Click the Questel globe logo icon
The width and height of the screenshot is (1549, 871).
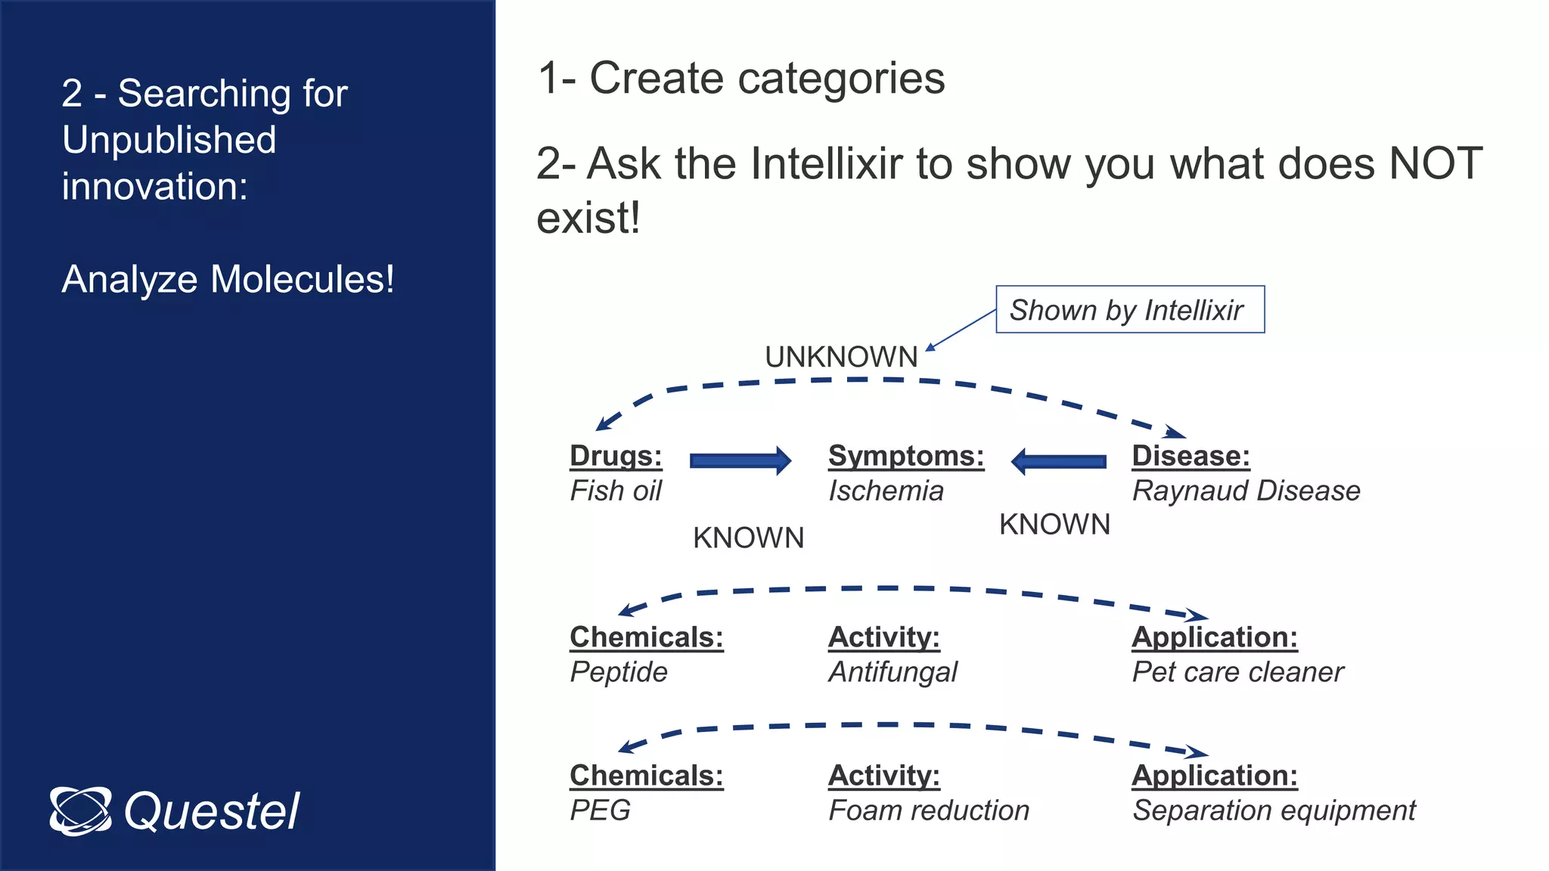[80, 811]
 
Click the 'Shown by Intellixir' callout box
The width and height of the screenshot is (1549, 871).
[1129, 309]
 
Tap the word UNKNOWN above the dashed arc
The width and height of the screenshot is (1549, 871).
[841, 357]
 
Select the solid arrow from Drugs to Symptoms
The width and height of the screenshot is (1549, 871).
[740, 460]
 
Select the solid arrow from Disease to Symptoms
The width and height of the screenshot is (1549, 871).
[1059, 460]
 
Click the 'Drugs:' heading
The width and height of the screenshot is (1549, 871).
[616, 456]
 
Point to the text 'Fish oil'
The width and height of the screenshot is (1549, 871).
[616, 491]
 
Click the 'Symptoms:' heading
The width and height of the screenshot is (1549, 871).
[906, 456]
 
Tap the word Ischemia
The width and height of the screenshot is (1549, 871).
[886, 491]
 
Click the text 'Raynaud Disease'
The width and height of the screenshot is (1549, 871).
[1246, 491]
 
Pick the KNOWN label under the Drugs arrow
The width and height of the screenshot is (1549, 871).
[748, 538]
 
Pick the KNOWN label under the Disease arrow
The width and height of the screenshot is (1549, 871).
[1054, 524]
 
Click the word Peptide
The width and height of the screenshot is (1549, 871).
[619, 672]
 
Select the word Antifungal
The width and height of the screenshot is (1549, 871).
[893, 672]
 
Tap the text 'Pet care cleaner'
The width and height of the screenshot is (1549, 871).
[1237, 672]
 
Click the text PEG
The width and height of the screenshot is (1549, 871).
[600, 811]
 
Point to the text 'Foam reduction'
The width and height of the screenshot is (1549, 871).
[929, 811]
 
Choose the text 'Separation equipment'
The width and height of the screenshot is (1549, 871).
[1274, 811]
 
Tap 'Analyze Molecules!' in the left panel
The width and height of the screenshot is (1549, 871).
[228, 279]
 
